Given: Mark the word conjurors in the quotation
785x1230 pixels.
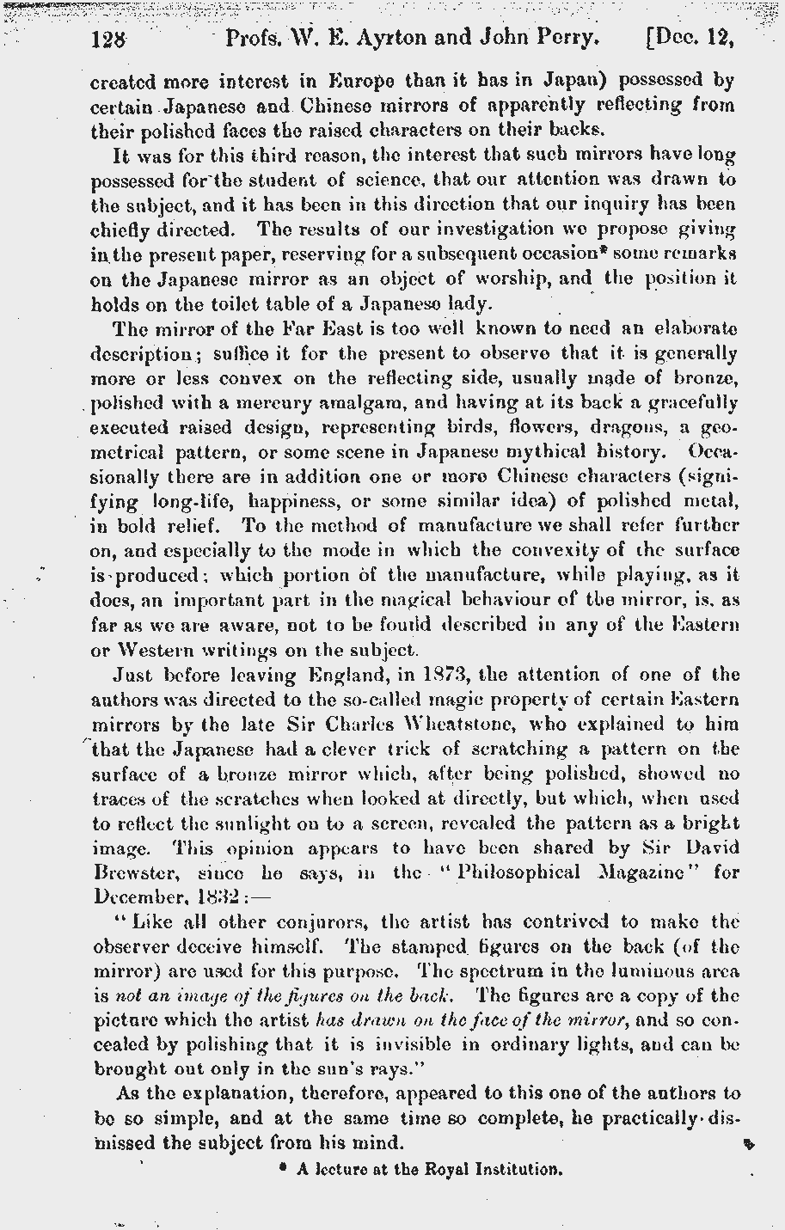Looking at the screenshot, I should (x=310, y=922).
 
